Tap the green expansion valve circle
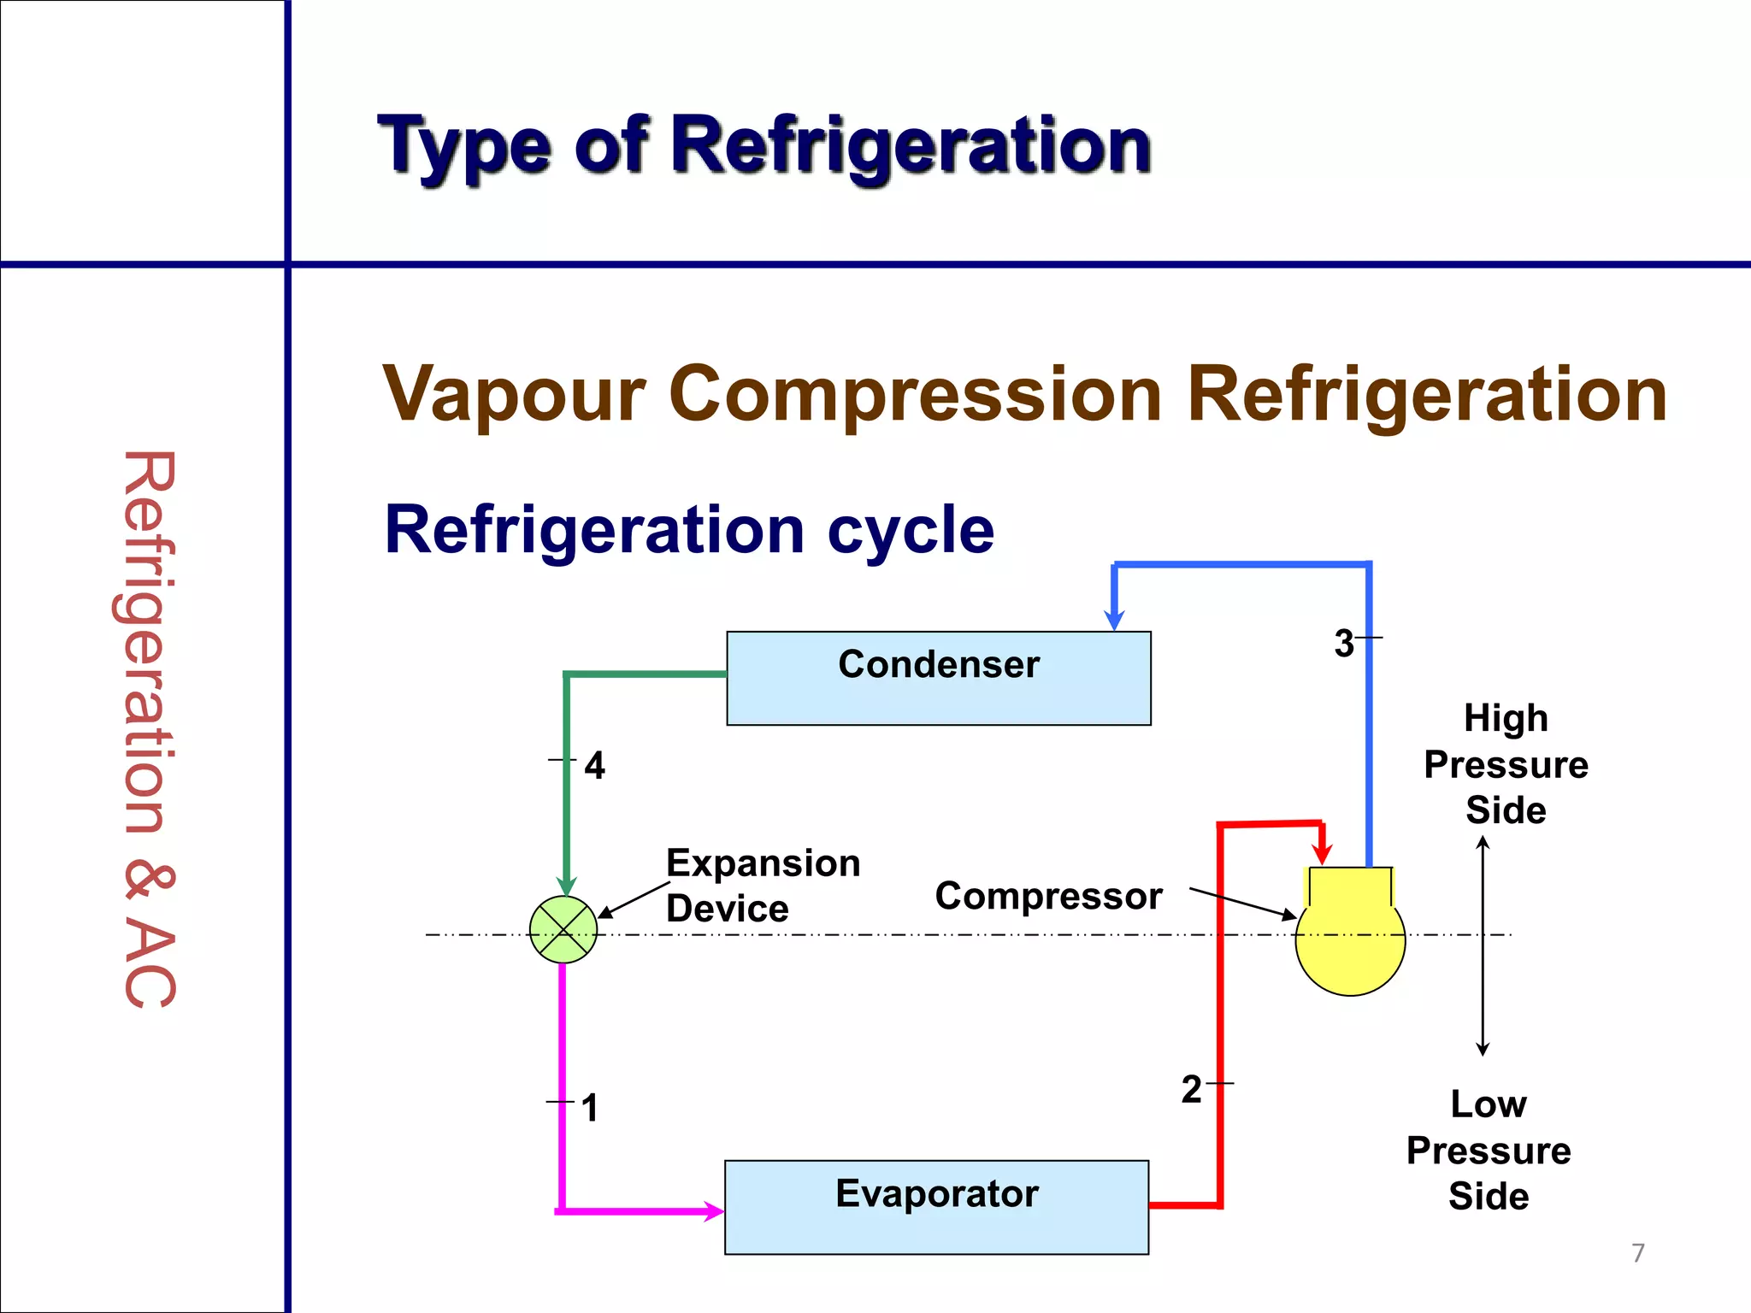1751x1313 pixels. [563, 930]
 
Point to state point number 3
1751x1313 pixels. [1344, 643]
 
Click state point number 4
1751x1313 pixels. [594, 765]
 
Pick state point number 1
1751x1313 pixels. [589, 1108]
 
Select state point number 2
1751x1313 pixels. [1191, 1090]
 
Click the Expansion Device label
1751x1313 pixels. [763, 886]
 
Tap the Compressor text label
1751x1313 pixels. [1048, 896]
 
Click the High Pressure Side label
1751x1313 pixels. [1506, 763]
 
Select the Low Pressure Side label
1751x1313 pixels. [1489, 1150]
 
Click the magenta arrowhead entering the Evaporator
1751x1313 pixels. [713, 1210]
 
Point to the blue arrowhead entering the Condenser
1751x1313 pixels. [1114, 620]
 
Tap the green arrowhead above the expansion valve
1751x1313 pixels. [566, 886]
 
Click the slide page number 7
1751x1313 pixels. [1637, 1253]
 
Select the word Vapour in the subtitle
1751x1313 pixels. [513, 395]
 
